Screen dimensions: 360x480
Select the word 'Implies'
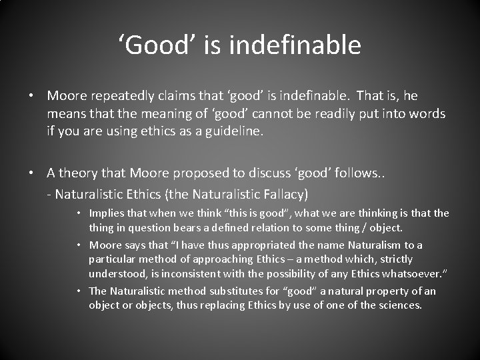coord(107,213)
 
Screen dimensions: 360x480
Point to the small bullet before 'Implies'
coord(79,214)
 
